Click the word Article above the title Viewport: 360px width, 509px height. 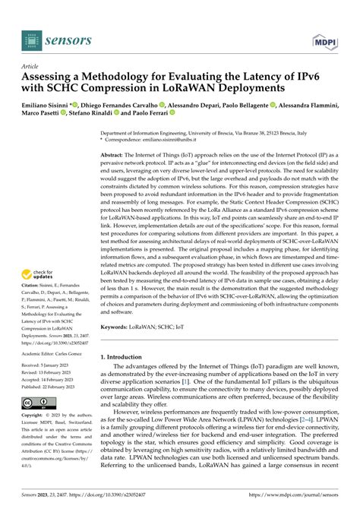tap(30, 66)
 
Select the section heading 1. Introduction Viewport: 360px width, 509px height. tap(125, 335)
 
